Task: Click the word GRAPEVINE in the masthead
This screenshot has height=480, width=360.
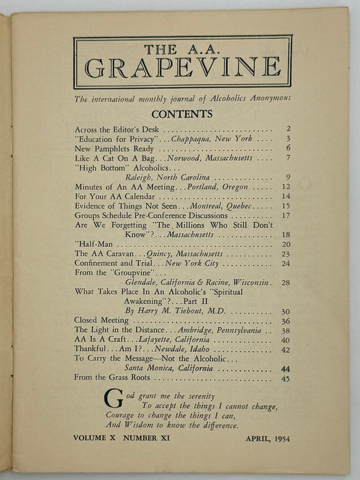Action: tap(182, 67)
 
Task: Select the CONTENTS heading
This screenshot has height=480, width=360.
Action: tap(182, 114)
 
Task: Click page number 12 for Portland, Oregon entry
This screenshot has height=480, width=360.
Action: tap(288, 187)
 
